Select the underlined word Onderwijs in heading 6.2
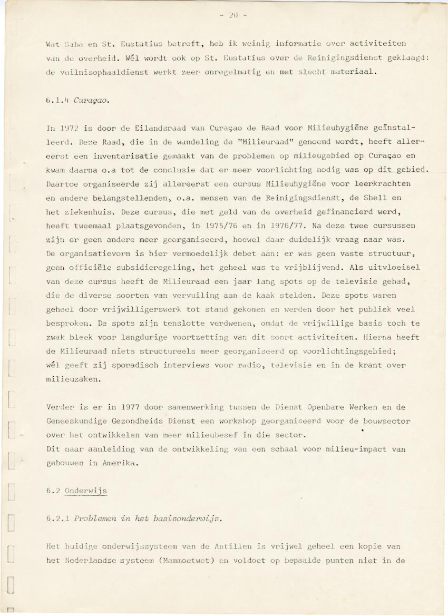[x=86, y=491]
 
